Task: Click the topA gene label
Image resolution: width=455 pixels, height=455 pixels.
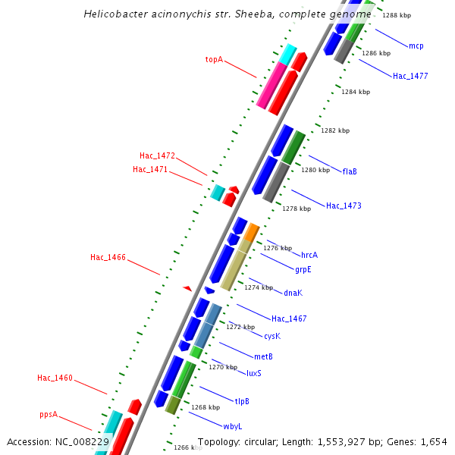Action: tap(214, 59)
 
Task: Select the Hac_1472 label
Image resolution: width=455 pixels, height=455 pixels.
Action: tap(157, 156)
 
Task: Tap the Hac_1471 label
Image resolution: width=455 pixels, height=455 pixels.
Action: tap(150, 169)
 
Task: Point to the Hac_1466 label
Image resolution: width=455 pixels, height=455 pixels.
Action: tap(108, 258)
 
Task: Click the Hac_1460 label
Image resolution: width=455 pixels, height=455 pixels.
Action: tap(55, 378)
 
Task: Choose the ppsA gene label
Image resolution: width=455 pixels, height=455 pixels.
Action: tap(49, 415)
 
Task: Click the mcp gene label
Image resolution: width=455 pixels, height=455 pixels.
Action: tap(416, 46)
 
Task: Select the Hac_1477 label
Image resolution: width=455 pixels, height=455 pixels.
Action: tap(410, 76)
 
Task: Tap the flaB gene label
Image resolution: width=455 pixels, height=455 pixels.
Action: tap(350, 171)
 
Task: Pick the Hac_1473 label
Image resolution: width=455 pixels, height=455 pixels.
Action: tap(344, 206)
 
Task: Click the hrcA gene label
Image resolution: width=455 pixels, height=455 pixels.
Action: tap(309, 255)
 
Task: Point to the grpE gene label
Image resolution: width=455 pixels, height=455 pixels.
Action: tap(303, 269)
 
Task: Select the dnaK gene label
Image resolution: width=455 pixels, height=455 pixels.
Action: tap(293, 293)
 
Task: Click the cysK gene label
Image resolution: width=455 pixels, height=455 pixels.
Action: tap(272, 336)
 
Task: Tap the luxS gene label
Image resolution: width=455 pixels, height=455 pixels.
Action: tap(254, 373)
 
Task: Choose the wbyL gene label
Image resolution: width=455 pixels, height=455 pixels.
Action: tap(232, 426)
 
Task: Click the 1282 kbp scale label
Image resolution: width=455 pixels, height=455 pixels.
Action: tap(335, 130)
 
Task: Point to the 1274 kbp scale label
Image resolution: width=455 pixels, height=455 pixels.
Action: tap(259, 287)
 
